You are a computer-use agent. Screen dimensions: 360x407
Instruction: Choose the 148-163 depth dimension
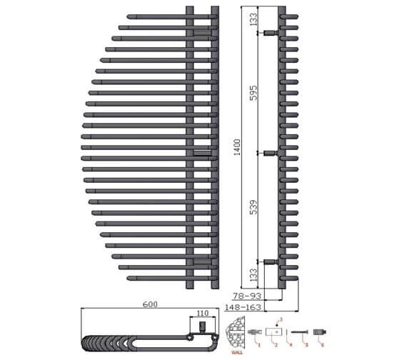pyautogui.click(x=243, y=307)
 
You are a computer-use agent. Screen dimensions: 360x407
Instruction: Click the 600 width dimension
pyautogui.click(x=150, y=304)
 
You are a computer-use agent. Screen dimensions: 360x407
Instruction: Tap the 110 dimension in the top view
pyautogui.click(x=202, y=313)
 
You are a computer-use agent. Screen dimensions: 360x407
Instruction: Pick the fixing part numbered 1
pyautogui.click(x=254, y=333)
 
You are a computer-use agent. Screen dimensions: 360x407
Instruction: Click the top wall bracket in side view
pyautogui.click(x=270, y=33)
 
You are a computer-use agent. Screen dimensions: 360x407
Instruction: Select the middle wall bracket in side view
pyautogui.click(x=270, y=153)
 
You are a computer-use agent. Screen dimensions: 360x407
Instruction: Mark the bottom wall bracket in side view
pyautogui.click(x=270, y=262)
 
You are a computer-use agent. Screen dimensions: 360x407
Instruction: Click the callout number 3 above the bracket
pyautogui.click(x=281, y=318)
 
